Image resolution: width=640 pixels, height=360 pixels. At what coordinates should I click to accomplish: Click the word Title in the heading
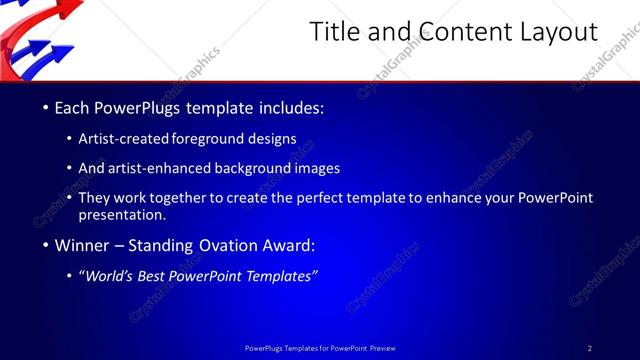[x=333, y=33]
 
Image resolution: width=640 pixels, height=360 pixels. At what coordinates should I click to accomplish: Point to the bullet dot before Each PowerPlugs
[x=45, y=106]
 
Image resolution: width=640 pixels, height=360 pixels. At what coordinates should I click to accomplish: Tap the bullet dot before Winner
[x=45, y=245]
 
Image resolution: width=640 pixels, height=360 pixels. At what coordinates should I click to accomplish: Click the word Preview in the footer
[x=379, y=348]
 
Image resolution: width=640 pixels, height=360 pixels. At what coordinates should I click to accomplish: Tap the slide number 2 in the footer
[x=589, y=348]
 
